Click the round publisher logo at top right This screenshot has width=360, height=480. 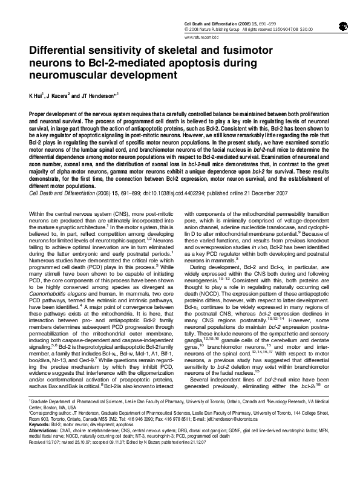[342, 25]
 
